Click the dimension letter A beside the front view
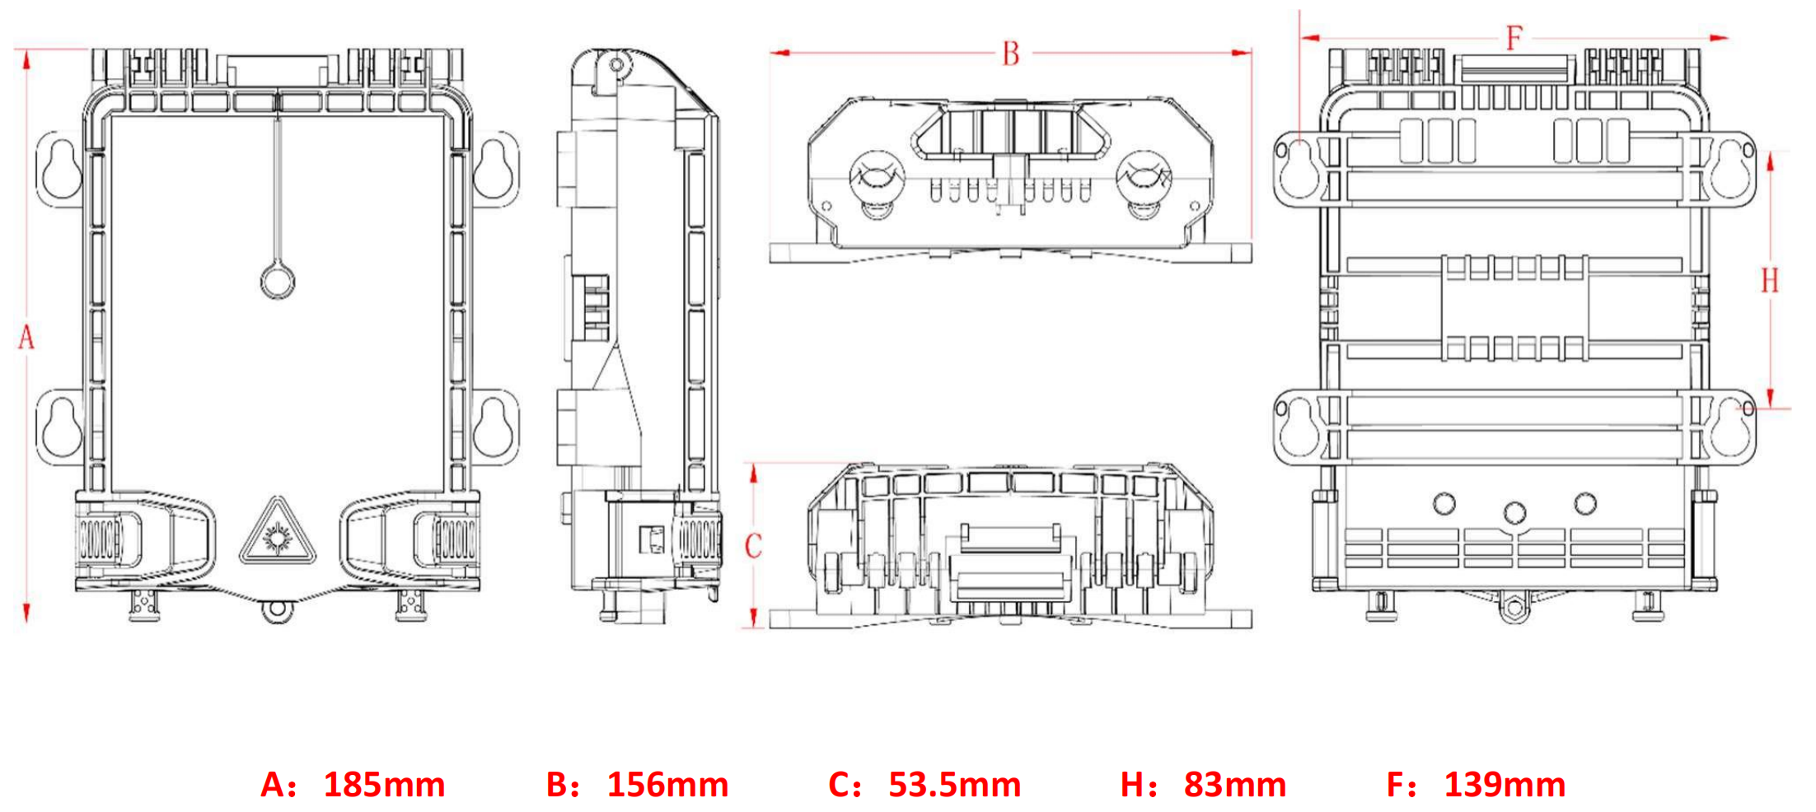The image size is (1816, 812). [26, 338]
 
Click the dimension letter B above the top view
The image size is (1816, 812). [1011, 54]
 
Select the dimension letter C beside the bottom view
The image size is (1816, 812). [753, 546]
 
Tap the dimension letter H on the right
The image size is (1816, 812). [1770, 281]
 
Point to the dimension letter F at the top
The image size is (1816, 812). [1514, 38]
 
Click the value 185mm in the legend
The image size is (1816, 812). [384, 785]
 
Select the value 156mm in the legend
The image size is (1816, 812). [667, 785]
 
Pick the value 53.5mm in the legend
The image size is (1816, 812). [954, 785]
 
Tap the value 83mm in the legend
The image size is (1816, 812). [1234, 785]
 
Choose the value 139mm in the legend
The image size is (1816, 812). [1505, 785]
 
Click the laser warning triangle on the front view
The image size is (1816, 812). [278, 534]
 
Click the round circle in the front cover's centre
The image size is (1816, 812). [278, 282]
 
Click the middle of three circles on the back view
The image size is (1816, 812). [1514, 513]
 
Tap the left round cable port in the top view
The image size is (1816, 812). [877, 177]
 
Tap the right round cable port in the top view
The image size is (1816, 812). [1143, 177]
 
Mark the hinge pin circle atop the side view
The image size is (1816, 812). [615, 64]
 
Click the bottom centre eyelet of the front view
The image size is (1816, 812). [278, 610]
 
